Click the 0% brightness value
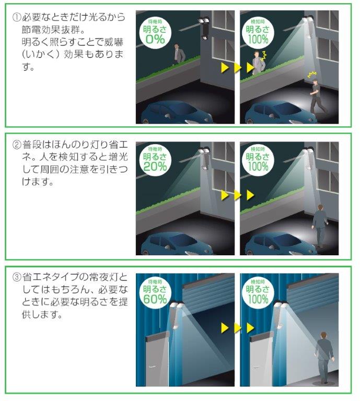click(x=155, y=39)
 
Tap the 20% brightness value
click(x=155, y=167)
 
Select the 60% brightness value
click(x=155, y=299)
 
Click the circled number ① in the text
click(x=16, y=17)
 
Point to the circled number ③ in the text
click(x=16, y=277)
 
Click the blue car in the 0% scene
click(x=177, y=113)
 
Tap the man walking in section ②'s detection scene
click(x=319, y=226)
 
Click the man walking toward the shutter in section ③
click(x=324, y=357)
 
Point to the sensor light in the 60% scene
click(x=175, y=313)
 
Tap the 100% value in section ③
click(x=258, y=299)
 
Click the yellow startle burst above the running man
click(x=312, y=75)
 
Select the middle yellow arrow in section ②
click(x=237, y=195)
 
